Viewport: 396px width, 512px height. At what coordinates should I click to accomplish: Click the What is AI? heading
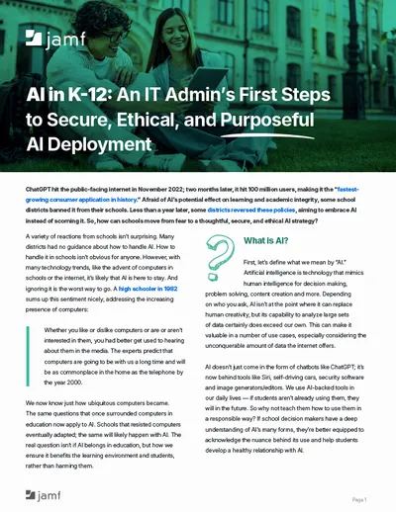click(266, 240)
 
